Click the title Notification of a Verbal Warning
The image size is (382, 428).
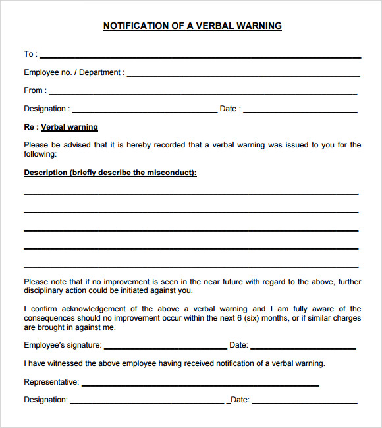pos(192,26)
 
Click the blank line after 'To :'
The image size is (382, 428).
pos(200,57)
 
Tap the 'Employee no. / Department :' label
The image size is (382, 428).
pos(74,72)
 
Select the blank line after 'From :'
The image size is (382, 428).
pos(203,93)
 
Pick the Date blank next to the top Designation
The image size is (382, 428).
pos(300,111)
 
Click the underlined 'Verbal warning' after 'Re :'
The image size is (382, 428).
pos(69,127)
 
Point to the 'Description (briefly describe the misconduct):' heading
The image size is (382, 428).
pos(110,173)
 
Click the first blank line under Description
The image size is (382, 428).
pos(191,193)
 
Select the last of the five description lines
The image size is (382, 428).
pos(191,266)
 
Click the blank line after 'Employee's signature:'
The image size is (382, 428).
pos(165,348)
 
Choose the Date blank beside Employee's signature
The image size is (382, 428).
pos(303,348)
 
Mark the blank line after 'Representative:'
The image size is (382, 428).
pos(200,385)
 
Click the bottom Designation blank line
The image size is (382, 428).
pos(147,402)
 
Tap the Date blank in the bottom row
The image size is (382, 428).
pos(304,402)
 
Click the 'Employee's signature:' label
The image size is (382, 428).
pos(63,345)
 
